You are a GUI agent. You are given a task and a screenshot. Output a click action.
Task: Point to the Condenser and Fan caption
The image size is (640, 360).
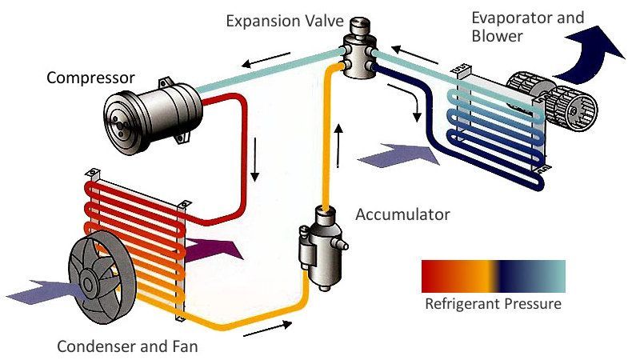point(127,347)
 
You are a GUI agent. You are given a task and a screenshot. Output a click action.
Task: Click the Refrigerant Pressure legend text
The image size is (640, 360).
point(493,305)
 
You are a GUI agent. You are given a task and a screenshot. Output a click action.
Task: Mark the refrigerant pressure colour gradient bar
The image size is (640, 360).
point(493,276)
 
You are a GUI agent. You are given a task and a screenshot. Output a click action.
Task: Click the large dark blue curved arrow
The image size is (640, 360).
point(589,55)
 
